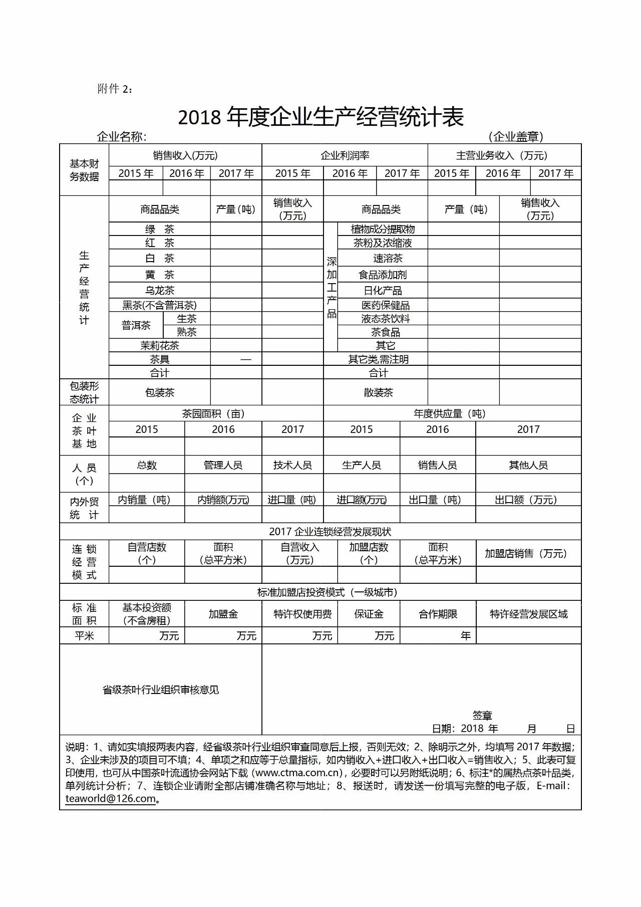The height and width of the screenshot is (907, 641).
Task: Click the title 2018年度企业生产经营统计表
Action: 320,117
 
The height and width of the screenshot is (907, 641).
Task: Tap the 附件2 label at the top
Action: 115,89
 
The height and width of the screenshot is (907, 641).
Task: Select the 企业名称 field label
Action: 121,136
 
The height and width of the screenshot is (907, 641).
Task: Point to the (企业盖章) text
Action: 515,136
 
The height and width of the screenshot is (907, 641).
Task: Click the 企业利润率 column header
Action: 345,155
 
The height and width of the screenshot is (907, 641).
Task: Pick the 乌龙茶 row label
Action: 160,290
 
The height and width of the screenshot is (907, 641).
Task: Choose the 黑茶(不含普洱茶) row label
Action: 160,305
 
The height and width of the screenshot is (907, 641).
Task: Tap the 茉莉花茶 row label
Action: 160,345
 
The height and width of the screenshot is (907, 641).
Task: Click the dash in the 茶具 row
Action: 245,359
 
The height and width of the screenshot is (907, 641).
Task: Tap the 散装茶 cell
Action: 378,392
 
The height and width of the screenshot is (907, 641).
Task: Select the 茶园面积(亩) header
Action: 213,413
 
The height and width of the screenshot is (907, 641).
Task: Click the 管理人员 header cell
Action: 223,465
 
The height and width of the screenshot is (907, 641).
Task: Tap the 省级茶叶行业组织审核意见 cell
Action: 161,690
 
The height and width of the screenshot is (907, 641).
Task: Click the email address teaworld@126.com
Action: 110,798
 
